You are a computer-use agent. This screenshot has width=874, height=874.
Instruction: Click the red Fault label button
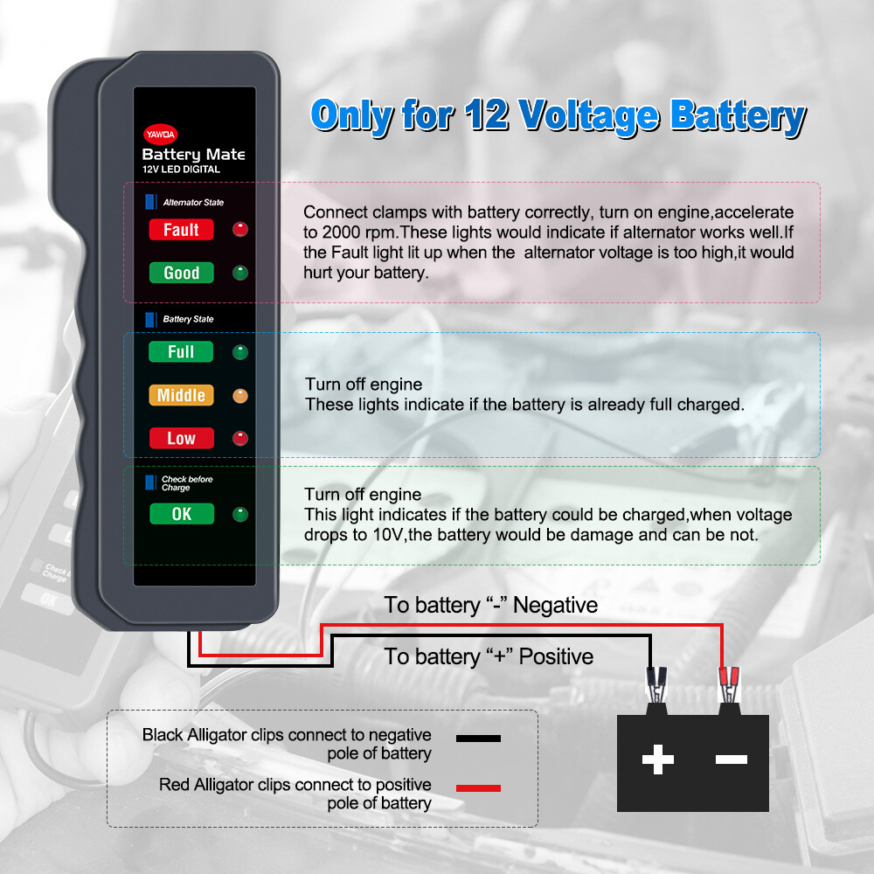(x=181, y=230)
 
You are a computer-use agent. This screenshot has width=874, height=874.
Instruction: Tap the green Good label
(x=181, y=273)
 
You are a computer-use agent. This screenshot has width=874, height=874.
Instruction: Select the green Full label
(x=181, y=352)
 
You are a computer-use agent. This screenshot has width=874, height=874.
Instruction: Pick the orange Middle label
(x=181, y=395)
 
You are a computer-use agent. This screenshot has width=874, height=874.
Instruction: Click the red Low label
(x=181, y=438)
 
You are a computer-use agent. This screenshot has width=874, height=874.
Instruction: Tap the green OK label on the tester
(x=181, y=514)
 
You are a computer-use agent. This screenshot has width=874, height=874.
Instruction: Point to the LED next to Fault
(x=239, y=230)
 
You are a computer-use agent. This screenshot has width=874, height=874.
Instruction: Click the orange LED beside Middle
(x=239, y=396)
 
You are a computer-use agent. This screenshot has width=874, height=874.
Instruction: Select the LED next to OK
(x=239, y=515)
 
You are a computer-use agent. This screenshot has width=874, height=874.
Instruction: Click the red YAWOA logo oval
(x=159, y=134)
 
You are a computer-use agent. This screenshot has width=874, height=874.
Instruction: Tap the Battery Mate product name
(x=193, y=155)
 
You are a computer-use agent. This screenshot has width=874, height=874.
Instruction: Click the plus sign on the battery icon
(x=657, y=760)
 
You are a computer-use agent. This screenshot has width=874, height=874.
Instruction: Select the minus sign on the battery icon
(x=731, y=760)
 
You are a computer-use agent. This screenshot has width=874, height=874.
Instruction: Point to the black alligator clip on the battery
(x=655, y=685)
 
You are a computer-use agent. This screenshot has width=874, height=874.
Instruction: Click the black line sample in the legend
(x=478, y=739)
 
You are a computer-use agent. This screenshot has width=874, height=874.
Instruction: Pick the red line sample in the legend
(x=478, y=788)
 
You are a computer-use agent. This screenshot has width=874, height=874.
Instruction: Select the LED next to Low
(x=239, y=439)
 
